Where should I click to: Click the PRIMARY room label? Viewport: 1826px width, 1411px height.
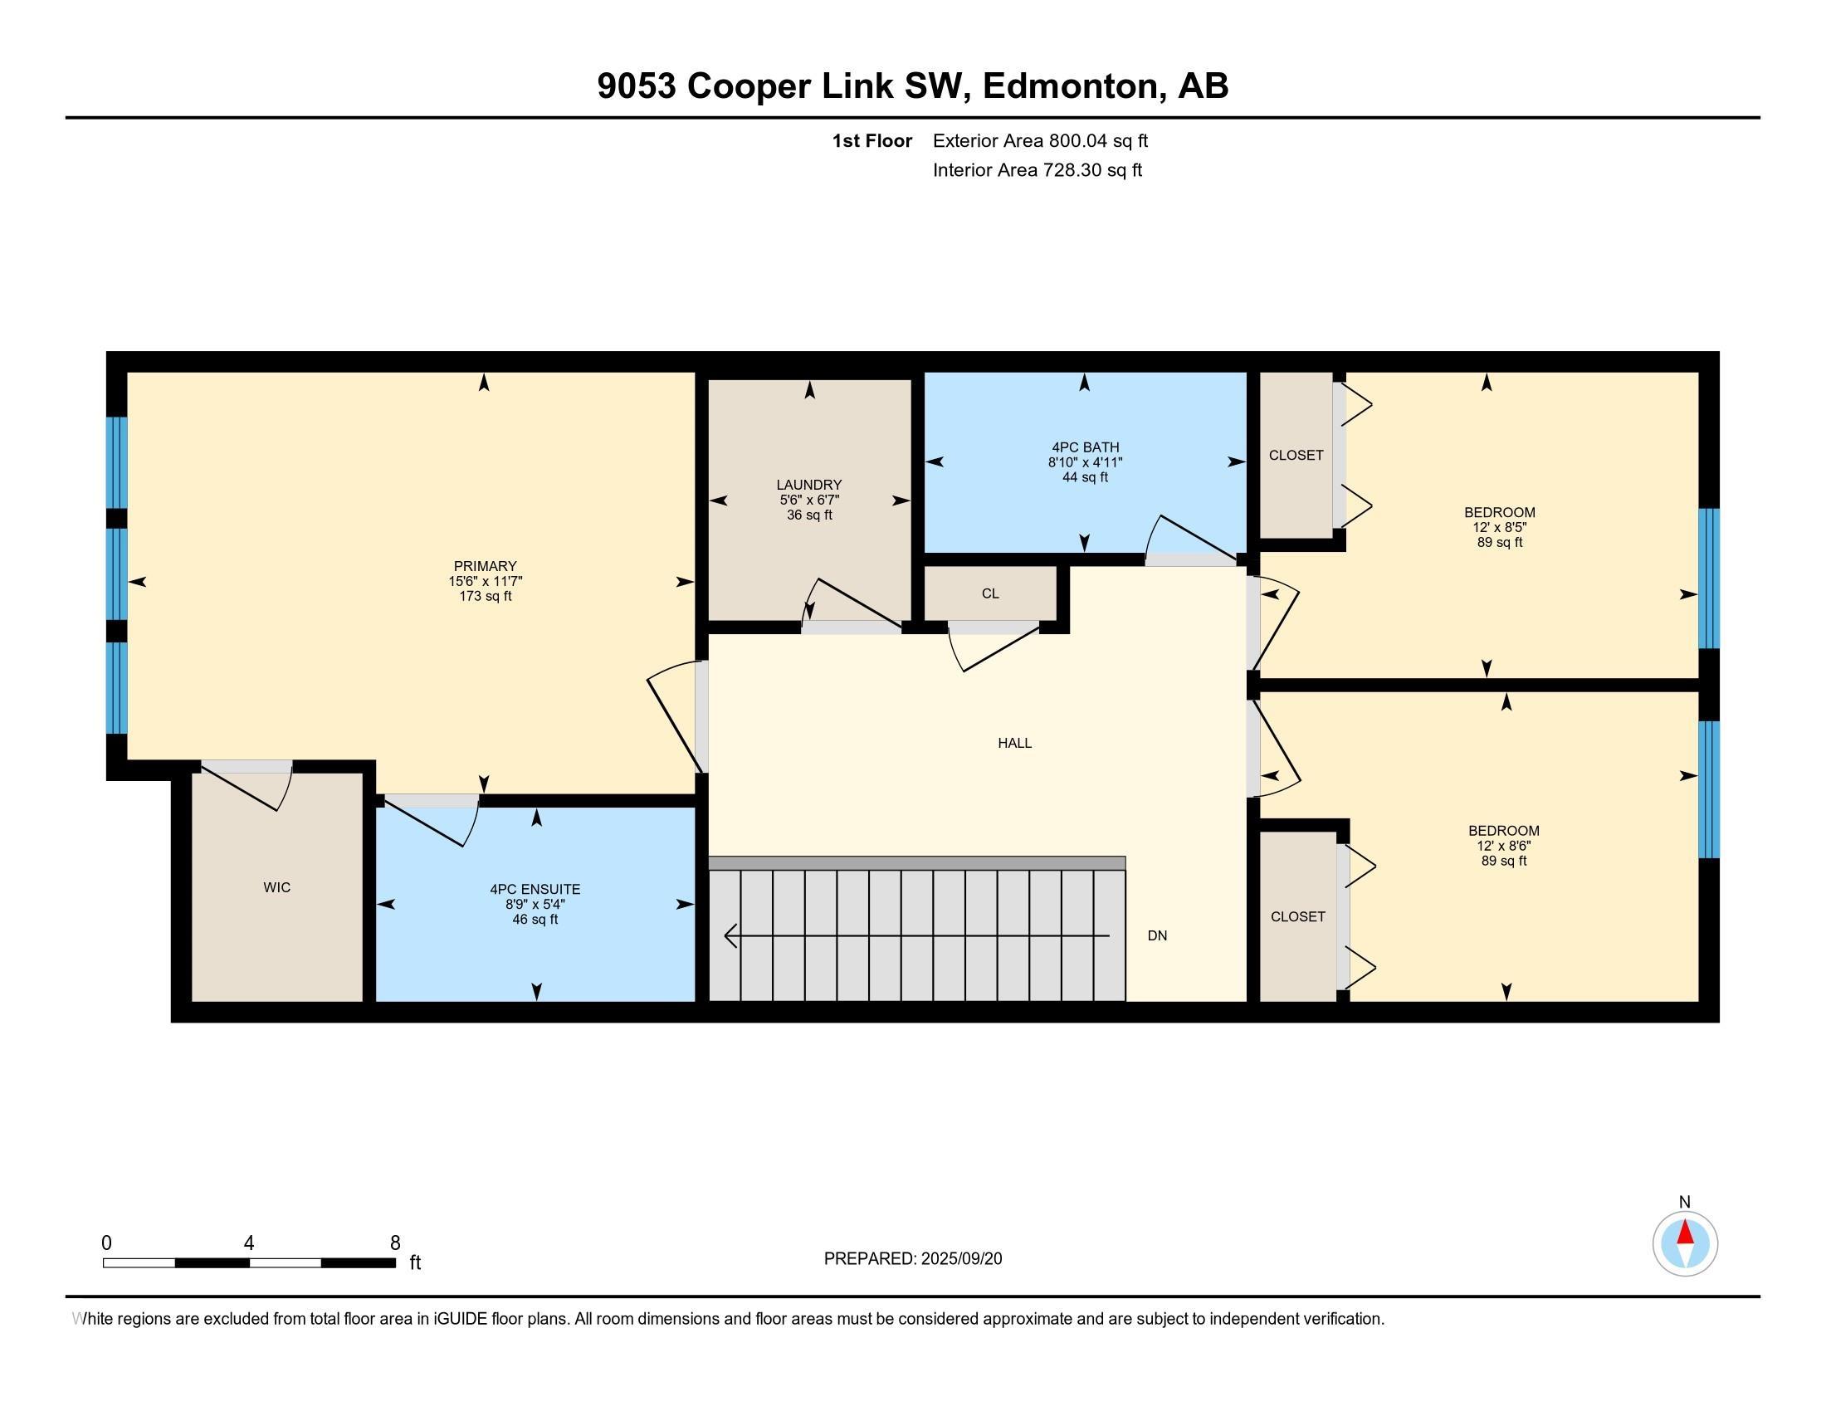coord(485,566)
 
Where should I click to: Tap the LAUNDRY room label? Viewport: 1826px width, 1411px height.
coord(808,485)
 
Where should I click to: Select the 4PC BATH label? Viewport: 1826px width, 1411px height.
coord(1086,447)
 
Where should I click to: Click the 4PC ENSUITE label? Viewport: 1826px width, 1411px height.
coord(535,890)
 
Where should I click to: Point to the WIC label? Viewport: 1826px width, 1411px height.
coord(276,887)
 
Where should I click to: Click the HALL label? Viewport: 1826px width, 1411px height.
coord(1014,742)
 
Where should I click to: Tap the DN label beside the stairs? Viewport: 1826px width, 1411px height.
coord(1157,935)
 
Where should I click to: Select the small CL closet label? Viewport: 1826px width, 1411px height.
coord(990,593)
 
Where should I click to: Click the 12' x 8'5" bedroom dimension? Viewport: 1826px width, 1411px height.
coord(1499,527)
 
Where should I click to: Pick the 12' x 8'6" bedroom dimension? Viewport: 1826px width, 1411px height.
coord(1503,845)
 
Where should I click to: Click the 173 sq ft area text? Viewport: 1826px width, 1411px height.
coord(485,596)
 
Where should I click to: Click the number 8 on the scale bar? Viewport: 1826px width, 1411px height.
coord(394,1243)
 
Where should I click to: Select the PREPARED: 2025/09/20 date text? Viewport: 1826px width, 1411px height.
coord(912,1258)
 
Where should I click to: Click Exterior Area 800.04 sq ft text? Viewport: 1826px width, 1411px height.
coord(1039,140)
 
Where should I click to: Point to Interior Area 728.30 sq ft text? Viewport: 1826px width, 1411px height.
coord(1037,169)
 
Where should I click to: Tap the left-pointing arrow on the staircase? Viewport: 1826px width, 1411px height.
coord(731,935)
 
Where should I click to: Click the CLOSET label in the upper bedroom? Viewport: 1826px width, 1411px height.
coord(1296,455)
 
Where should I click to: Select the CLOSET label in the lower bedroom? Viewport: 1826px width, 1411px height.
coord(1297,916)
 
